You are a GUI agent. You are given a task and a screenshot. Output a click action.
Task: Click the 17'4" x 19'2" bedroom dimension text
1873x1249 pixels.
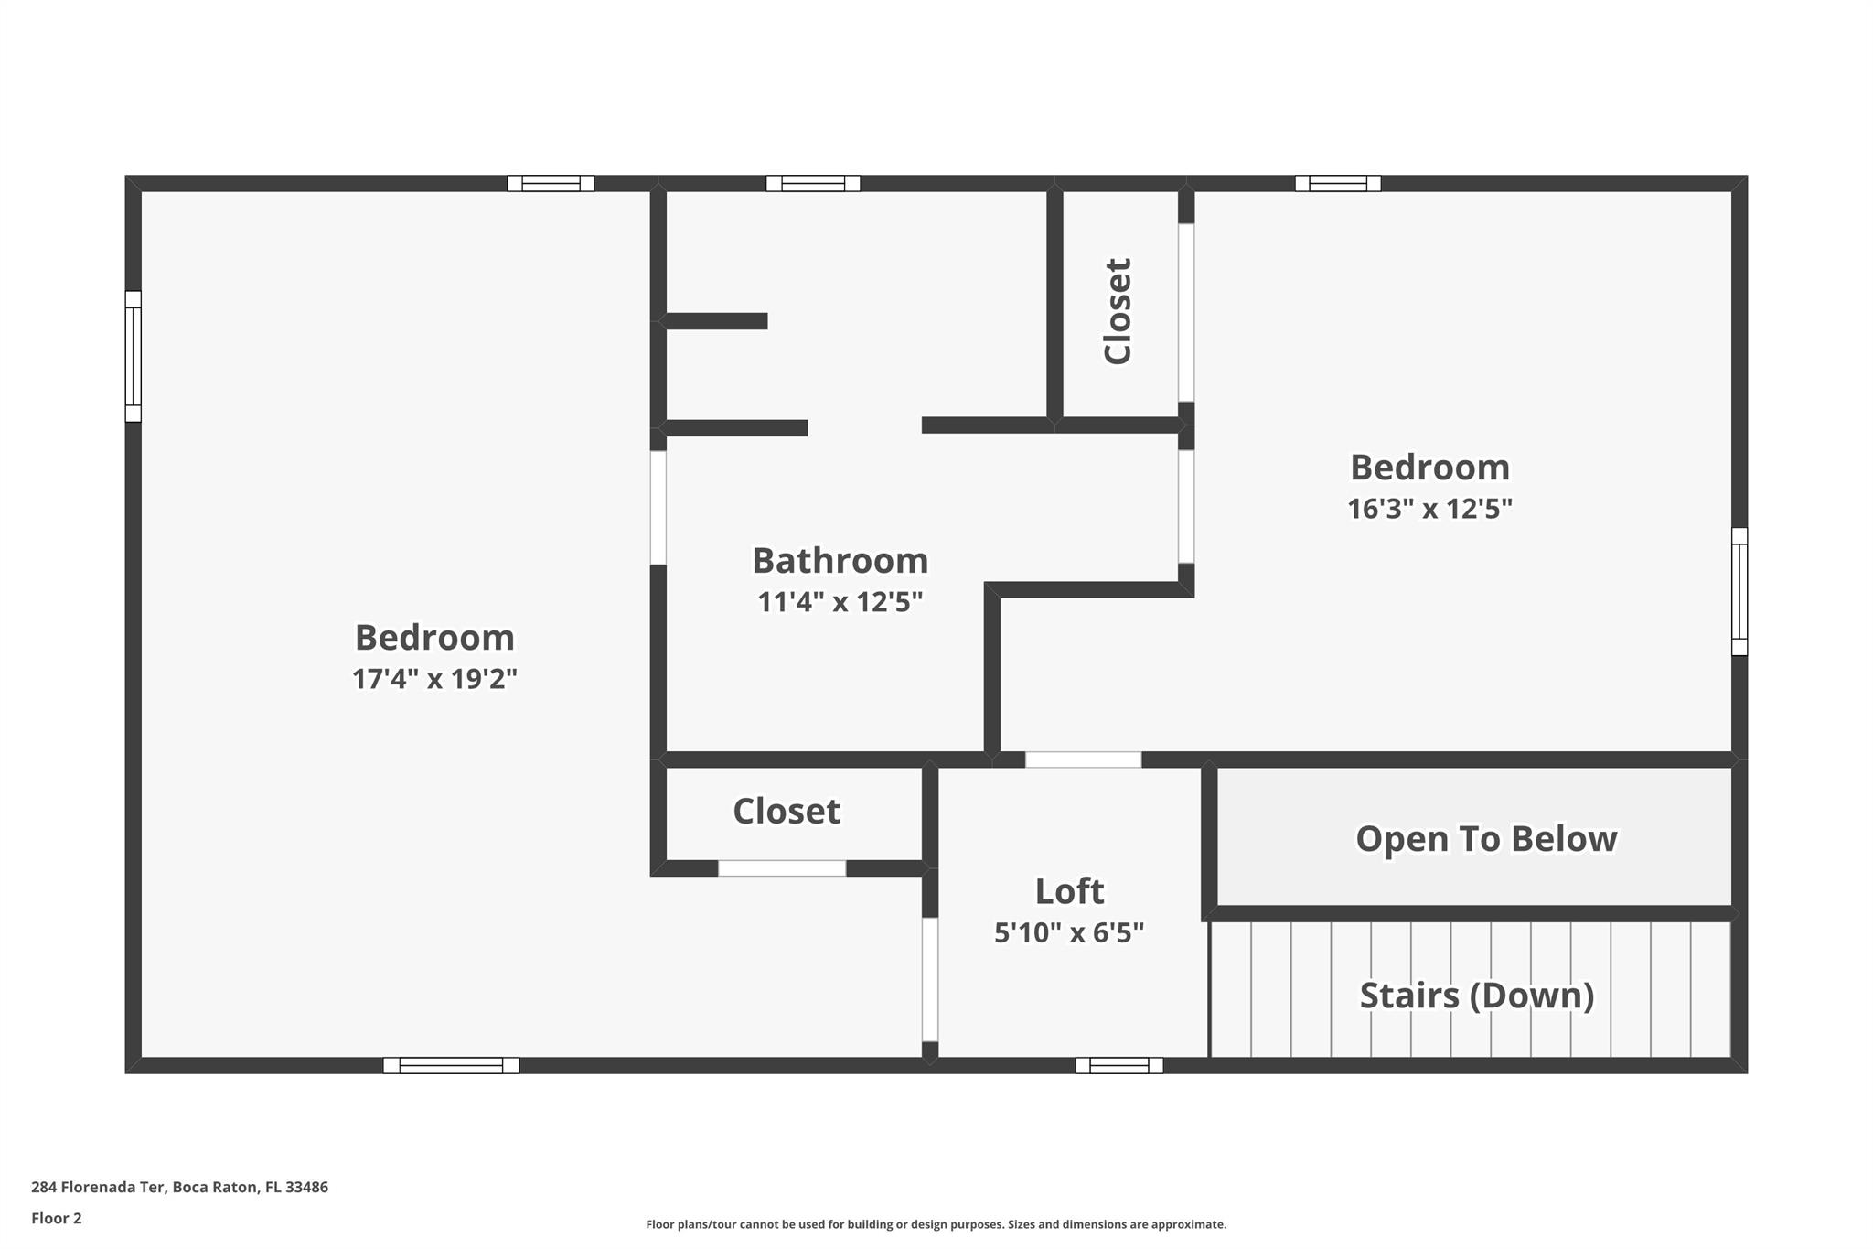[435, 679]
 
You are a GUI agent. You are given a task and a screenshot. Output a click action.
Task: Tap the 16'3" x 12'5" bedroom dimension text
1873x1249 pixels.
[1429, 509]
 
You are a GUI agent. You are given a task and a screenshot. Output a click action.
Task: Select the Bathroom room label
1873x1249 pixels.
[840, 560]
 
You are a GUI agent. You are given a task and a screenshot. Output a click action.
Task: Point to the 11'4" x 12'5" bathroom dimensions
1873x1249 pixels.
[840, 602]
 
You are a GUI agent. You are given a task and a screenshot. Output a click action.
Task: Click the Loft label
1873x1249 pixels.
[1069, 891]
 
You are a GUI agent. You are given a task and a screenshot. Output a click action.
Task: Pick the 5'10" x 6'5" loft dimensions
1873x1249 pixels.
[1069, 932]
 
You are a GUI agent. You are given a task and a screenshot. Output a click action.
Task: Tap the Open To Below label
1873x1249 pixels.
[1486, 839]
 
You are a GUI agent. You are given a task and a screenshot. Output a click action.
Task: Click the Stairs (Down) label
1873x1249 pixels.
[1477, 996]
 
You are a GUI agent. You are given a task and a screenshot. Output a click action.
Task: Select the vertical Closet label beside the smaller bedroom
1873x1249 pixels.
[1118, 311]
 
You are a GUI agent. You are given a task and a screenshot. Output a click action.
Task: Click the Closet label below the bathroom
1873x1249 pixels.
[787, 811]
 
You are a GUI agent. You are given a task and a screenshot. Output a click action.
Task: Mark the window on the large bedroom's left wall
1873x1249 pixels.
[134, 356]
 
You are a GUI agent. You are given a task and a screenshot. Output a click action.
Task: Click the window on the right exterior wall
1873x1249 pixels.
[1739, 591]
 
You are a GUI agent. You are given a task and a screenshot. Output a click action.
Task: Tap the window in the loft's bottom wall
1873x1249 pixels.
[1119, 1065]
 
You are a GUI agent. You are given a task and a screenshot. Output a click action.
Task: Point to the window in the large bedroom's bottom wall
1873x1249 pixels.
[451, 1065]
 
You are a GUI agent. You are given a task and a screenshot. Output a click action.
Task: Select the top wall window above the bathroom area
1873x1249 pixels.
[813, 183]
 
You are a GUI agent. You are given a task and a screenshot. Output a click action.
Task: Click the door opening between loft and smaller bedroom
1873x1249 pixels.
[1083, 759]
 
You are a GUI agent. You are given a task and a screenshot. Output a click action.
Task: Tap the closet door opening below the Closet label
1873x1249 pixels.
[782, 868]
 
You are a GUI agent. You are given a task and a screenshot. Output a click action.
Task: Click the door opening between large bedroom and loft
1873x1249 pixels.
[930, 979]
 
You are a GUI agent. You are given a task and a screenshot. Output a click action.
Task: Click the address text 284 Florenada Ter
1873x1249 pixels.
[98, 1188]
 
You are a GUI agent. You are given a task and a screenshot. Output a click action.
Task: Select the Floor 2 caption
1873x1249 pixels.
[57, 1219]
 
